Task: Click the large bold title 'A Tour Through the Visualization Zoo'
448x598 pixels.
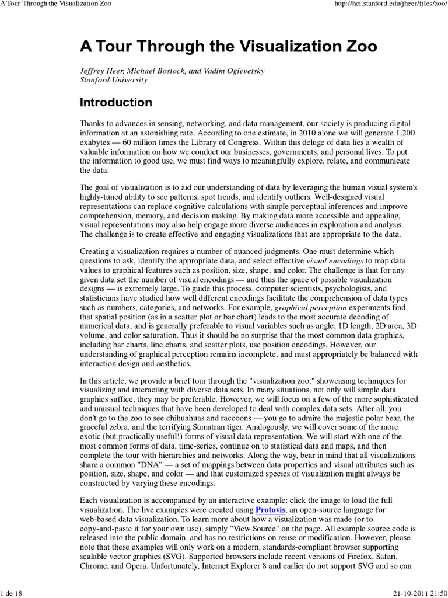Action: (x=228, y=46)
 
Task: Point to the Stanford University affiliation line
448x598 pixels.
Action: (x=113, y=80)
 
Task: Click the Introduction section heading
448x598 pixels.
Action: (x=116, y=103)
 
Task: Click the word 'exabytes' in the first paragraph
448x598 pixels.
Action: (x=94, y=142)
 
